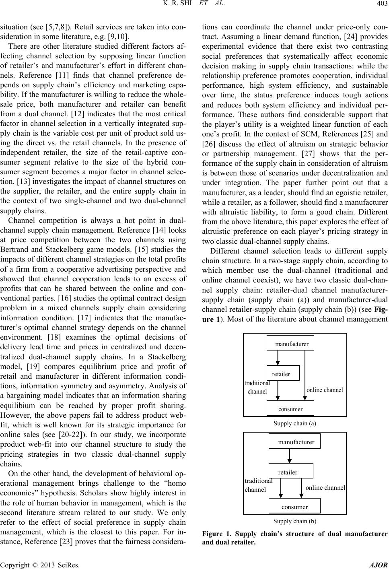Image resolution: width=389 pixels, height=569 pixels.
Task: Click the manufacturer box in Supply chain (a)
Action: click(290, 343)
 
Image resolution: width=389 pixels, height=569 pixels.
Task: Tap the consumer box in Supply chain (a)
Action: click(290, 408)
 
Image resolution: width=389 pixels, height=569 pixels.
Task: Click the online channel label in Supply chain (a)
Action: click(325, 390)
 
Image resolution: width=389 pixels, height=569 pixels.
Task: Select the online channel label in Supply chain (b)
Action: click(325, 488)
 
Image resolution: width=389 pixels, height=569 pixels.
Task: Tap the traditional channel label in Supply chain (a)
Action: click(257, 387)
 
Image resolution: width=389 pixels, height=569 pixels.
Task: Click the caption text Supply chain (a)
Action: click(295, 423)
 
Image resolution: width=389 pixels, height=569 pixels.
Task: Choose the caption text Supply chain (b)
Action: click(295, 521)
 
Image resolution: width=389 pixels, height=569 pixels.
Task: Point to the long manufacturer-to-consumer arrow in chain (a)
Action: click(305, 374)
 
